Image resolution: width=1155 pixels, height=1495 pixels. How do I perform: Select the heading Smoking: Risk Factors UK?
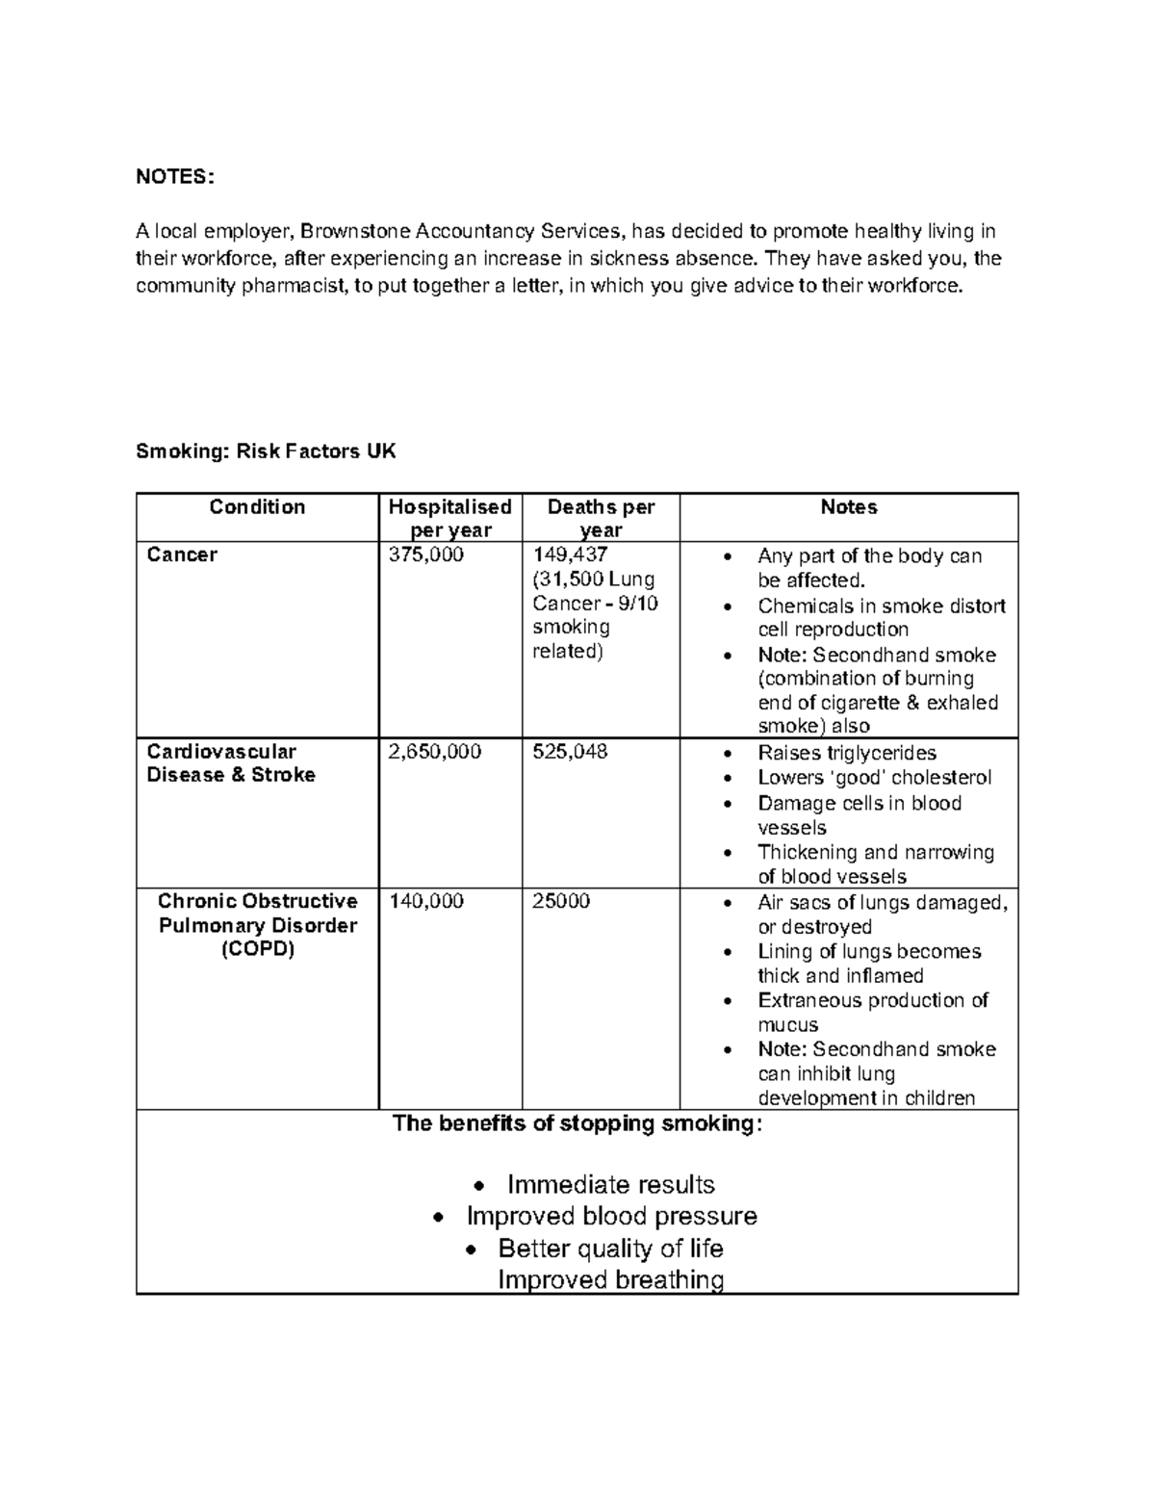pos(266,451)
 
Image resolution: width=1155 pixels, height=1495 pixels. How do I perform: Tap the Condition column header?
pos(257,507)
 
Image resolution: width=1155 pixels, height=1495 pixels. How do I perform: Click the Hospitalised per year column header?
pos(449,518)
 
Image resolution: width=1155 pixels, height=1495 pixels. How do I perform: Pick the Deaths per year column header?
pos(601,518)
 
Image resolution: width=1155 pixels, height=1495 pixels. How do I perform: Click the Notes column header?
pos(848,507)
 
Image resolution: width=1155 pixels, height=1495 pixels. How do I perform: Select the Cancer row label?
pos(182,554)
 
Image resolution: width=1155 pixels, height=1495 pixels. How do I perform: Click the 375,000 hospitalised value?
pos(425,554)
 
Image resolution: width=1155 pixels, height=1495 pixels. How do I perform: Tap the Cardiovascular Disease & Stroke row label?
pos(230,763)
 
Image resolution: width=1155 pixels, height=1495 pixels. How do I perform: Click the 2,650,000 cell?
pos(434,752)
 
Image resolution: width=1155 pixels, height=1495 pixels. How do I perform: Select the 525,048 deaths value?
pos(570,752)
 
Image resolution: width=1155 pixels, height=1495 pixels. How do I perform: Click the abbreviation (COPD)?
pos(257,949)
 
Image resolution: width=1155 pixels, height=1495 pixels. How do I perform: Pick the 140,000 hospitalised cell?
pos(425,901)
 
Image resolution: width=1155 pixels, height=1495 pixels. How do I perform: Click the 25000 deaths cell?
pos(561,901)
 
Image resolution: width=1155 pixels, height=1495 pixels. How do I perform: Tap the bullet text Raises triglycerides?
pos(847,753)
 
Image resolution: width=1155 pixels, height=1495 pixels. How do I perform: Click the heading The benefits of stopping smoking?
pos(577,1123)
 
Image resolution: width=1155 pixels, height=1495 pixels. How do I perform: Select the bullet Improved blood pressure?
pos(611,1216)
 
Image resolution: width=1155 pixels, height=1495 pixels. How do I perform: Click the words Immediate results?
pos(610,1184)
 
